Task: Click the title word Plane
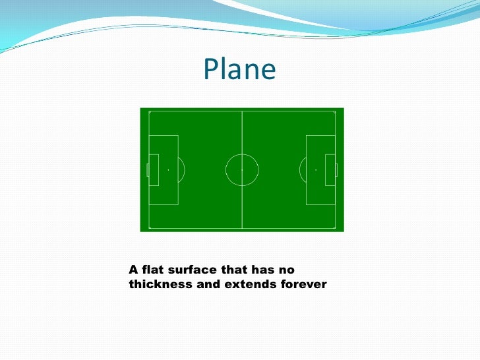click(x=239, y=69)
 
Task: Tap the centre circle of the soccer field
click(x=242, y=169)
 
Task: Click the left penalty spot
click(x=168, y=169)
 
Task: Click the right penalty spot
click(x=316, y=169)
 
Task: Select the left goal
click(x=148, y=169)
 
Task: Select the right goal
click(x=336, y=169)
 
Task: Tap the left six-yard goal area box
click(x=154, y=169)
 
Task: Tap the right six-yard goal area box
click(x=330, y=169)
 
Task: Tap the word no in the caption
click(x=287, y=270)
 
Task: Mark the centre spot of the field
click(x=242, y=169)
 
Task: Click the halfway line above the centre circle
click(x=242, y=132)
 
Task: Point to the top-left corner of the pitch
click(x=150, y=113)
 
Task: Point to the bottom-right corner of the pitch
click(x=335, y=227)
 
